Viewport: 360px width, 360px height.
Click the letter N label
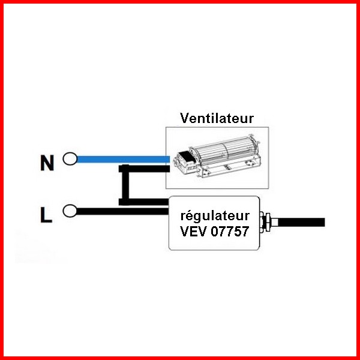pyautogui.click(x=47, y=163)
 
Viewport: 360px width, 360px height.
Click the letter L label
pyautogui.click(x=46, y=215)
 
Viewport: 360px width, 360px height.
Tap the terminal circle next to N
pyautogui.click(x=70, y=159)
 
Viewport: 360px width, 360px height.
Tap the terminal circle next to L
pyautogui.click(x=70, y=211)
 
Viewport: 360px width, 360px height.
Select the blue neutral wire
pyautogui.click(x=123, y=159)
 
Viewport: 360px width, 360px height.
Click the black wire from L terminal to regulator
pyautogui.click(x=123, y=211)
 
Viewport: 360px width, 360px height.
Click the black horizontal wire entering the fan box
pyautogui.click(x=144, y=169)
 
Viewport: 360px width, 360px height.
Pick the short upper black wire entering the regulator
pyautogui.click(x=144, y=202)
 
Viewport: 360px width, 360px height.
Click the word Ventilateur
pyautogui.click(x=217, y=118)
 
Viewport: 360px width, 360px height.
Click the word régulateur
pyautogui.click(x=215, y=216)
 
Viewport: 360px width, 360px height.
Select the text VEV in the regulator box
pyautogui.click(x=194, y=231)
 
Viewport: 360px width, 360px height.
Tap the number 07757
pyautogui.click(x=230, y=231)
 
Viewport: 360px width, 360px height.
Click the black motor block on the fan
pyautogui.click(x=187, y=157)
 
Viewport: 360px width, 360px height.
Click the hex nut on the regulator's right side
pyautogui.click(x=267, y=223)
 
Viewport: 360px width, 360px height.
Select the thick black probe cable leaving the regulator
pyautogui.click(x=301, y=222)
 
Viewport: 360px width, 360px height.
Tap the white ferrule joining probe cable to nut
pyautogui.click(x=274, y=222)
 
